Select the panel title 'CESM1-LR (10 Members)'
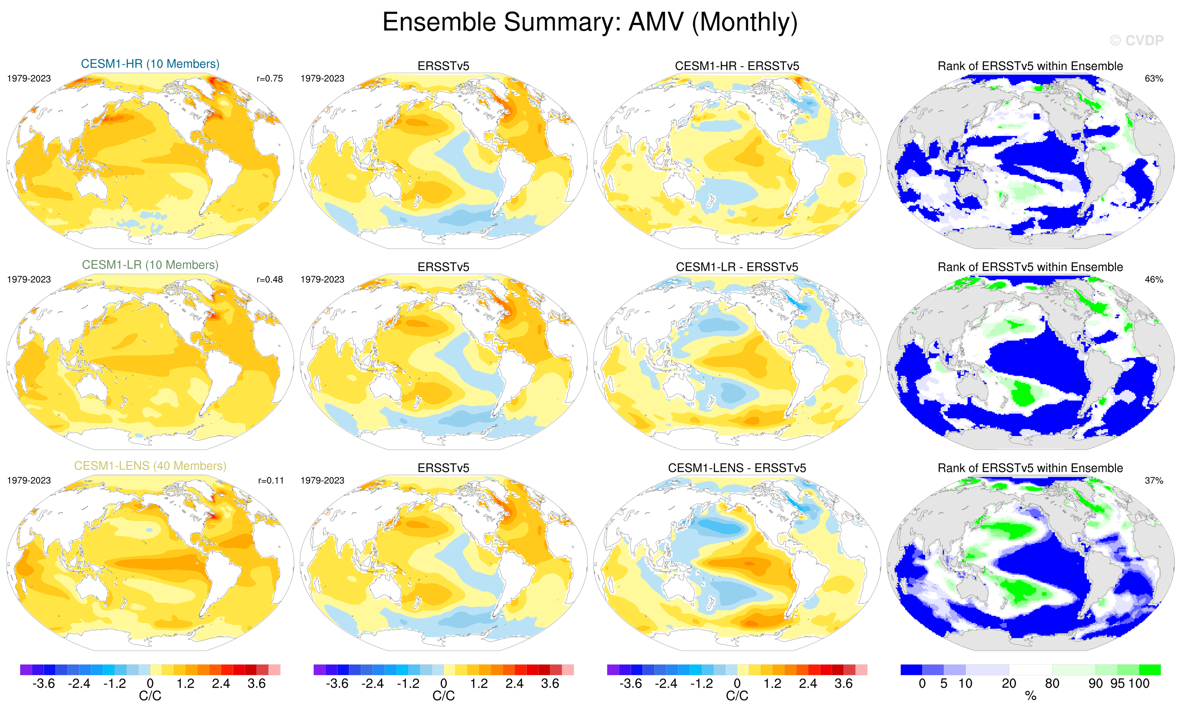(150, 265)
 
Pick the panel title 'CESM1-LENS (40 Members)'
(150, 466)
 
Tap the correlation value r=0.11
(271, 480)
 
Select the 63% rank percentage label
(1154, 79)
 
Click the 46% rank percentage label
(1154, 279)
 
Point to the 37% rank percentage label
(1154, 480)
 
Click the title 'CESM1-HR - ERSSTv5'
(737, 66)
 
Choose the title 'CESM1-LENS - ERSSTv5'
(737, 468)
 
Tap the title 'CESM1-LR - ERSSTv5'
(737, 267)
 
